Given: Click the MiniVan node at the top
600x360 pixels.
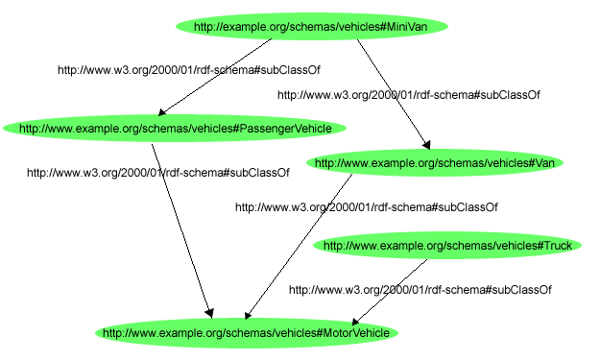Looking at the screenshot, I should pos(311,27).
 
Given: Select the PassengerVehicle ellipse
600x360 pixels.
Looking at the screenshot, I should pos(175,128).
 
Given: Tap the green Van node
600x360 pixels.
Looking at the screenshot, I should pos(435,163).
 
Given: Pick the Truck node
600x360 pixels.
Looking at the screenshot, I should pos(446,246).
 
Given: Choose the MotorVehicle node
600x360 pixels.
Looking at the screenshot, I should pos(246,333).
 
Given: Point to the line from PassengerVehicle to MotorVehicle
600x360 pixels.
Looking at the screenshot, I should pos(182,230).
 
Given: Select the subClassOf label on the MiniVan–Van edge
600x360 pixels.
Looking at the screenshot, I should pos(408,95).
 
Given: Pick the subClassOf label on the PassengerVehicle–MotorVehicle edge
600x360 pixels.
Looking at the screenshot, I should pos(157,173).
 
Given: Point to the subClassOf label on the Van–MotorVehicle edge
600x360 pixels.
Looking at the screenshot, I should pos(366,206).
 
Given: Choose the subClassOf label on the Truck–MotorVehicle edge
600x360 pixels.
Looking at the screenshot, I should pos(420,289).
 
